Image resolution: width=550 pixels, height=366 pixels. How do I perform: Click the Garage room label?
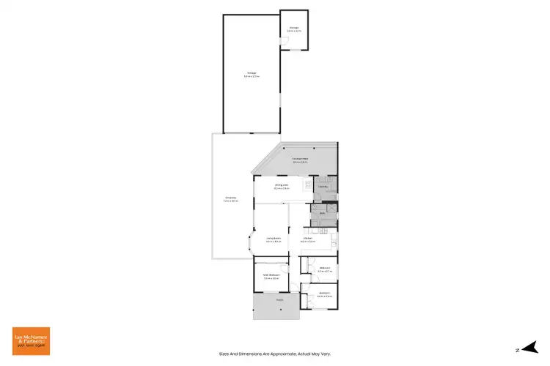point(251,74)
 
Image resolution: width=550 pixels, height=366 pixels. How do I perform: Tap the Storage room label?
point(293,29)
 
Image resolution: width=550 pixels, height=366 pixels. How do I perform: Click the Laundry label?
point(323,187)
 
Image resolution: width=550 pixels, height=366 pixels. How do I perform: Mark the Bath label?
point(322,213)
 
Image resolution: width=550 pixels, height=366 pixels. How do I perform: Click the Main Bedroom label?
point(272,276)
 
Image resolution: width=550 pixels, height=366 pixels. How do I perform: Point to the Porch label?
point(279,300)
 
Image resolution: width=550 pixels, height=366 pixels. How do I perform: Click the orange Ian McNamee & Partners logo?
point(31,341)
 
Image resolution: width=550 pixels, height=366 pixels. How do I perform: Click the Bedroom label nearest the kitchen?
point(323,269)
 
